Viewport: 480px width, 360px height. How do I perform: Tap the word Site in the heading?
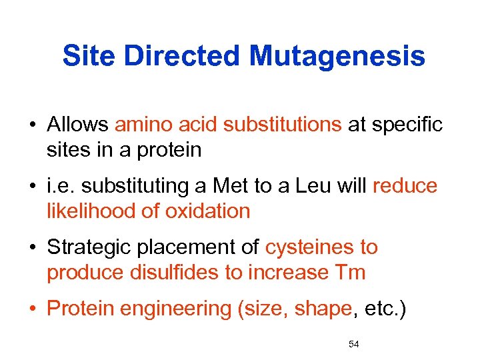tap(89, 57)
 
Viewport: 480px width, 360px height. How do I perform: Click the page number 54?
tap(354, 344)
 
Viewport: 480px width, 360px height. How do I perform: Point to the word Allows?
tap(78, 125)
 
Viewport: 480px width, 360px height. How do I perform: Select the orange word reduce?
tap(405, 186)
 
